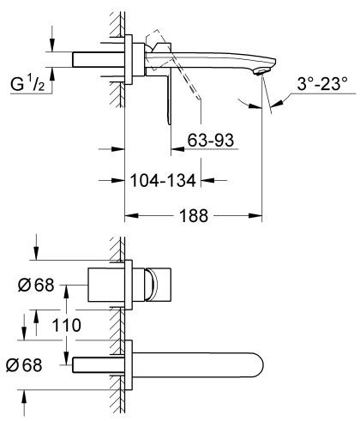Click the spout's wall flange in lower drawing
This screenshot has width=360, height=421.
[x=129, y=364]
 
